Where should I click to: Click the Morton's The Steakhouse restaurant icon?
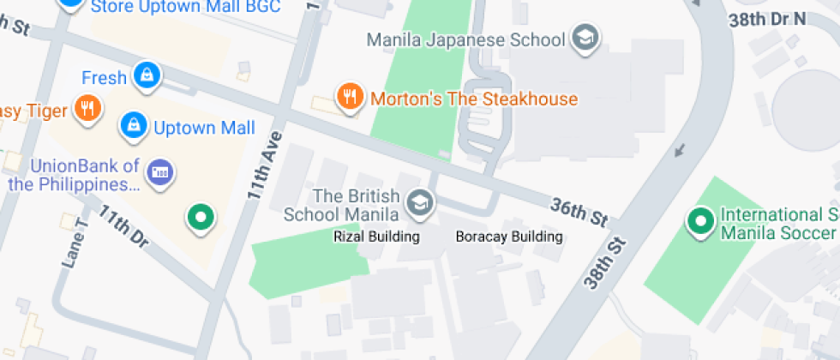click(348, 98)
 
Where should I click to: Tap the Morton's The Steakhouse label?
click(474, 99)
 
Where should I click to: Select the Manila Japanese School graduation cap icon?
click(586, 39)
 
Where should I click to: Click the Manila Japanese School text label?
click(465, 39)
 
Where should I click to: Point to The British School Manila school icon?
click(420, 203)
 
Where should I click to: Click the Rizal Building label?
click(376, 237)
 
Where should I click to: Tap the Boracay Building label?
click(509, 237)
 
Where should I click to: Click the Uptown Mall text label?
click(204, 129)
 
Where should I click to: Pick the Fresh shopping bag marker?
click(147, 75)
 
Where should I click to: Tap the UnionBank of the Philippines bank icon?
click(159, 172)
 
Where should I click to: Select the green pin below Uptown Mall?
click(201, 218)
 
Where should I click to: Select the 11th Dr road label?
click(122, 227)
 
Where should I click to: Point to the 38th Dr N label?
click(767, 17)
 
